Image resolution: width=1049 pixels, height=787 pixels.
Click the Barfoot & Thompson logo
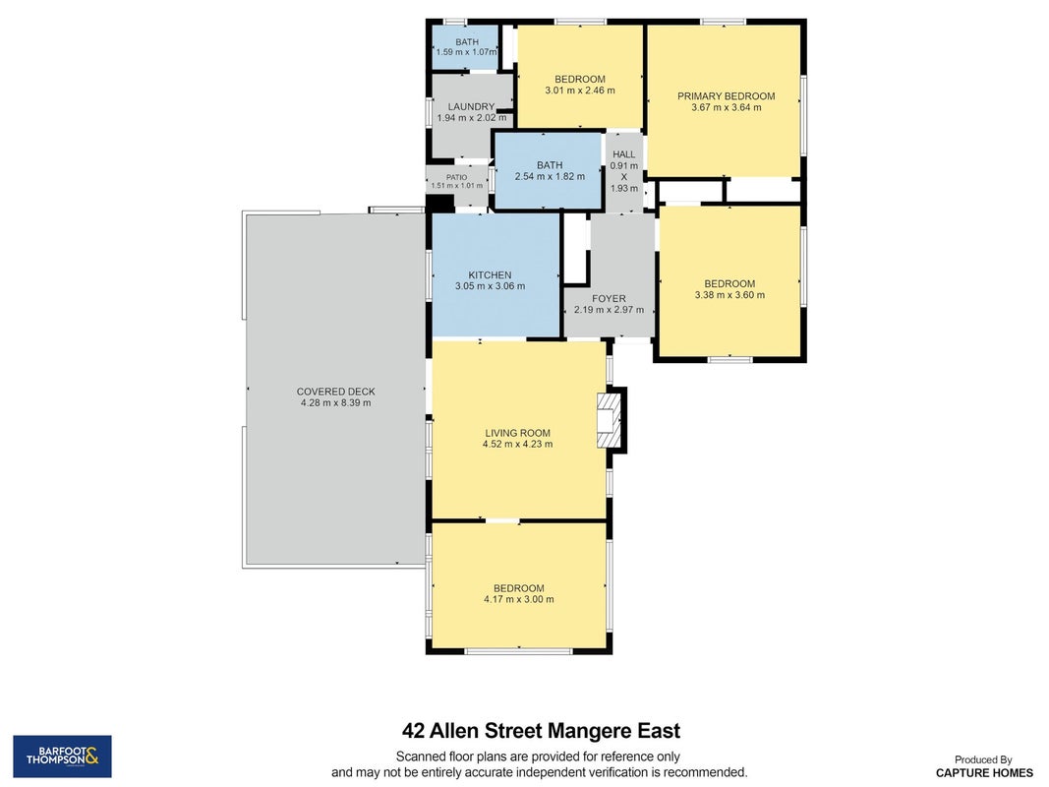pyautogui.click(x=62, y=757)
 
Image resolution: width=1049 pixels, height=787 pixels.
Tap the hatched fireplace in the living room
pyautogui.click(x=610, y=420)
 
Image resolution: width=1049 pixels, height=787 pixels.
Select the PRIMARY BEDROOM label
pyautogui.click(x=726, y=96)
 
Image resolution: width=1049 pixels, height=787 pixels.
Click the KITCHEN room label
pyautogui.click(x=490, y=275)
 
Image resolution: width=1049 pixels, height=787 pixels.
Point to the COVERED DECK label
pyautogui.click(x=336, y=392)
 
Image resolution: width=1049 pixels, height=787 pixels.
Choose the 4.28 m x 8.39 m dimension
pyautogui.click(x=336, y=403)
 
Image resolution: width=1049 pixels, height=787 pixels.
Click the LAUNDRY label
pyautogui.click(x=471, y=106)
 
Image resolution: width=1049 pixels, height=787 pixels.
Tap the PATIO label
pyautogui.click(x=457, y=177)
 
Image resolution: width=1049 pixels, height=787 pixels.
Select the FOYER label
pyautogui.click(x=609, y=298)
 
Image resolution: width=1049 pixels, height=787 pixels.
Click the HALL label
pyautogui.click(x=623, y=153)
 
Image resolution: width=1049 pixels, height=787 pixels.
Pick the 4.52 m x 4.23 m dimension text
pyautogui.click(x=518, y=444)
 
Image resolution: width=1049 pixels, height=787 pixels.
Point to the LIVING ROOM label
pyautogui.click(x=518, y=433)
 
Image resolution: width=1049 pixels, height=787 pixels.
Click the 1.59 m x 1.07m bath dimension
pyautogui.click(x=466, y=52)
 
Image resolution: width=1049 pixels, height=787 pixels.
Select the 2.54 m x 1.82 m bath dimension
pyautogui.click(x=550, y=177)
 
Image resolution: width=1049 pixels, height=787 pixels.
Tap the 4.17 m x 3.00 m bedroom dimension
pyautogui.click(x=519, y=600)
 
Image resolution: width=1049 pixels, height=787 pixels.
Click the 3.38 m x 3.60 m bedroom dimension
pyautogui.click(x=729, y=294)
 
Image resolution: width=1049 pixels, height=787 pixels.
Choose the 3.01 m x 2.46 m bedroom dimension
pyautogui.click(x=580, y=91)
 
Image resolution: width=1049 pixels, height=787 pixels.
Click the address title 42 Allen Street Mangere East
pyautogui.click(x=542, y=730)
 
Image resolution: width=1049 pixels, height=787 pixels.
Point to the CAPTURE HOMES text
pyautogui.click(x=984, y=773)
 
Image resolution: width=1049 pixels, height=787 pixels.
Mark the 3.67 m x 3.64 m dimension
pyautogui.click(x=726, y=107)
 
